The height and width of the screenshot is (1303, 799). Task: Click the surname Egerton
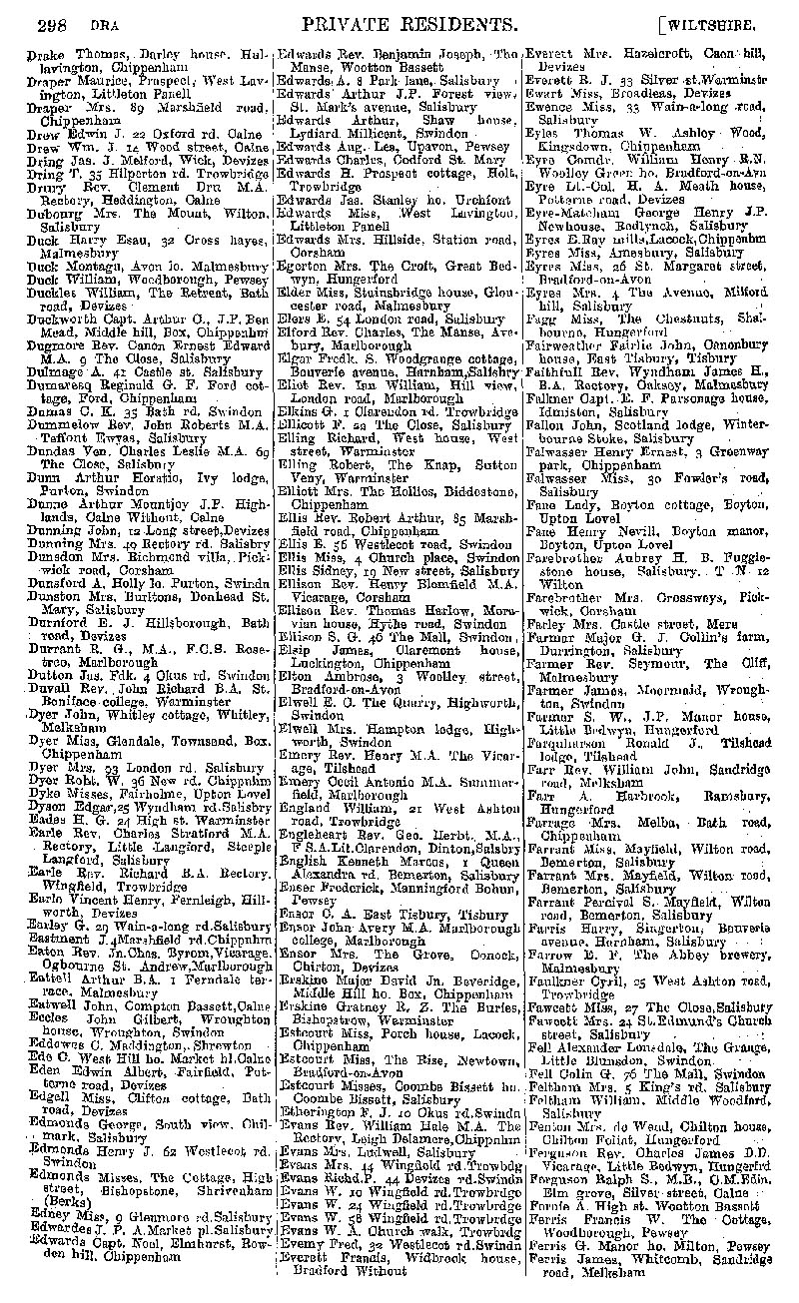click(309, 293)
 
